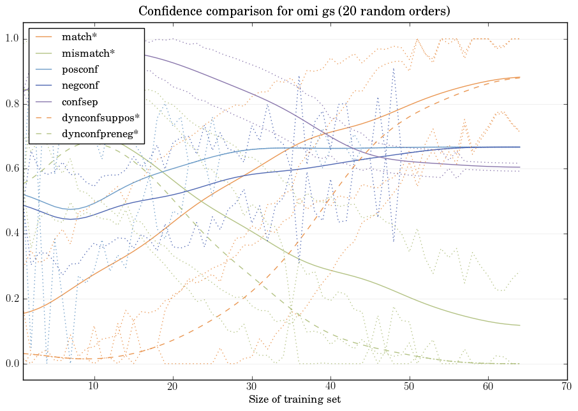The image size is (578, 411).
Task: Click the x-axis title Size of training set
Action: pyautogui.click(x=294, y=400)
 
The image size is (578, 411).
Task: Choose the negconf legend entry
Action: pyautogui.click(x=80, y=86)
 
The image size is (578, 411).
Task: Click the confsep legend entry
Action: pyautogui.click(x=79, y=101)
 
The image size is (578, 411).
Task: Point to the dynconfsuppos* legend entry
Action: pyautogui.click(x=100, y=118)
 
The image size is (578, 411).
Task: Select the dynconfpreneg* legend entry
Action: pyautogui.click(x=100, y=134)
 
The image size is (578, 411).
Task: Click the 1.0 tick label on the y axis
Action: pyautogui.click(x=13, y=39)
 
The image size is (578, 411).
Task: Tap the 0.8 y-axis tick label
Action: pyautogui.click(x=13, y=104)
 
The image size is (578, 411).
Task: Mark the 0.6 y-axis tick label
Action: pyautogui.click(x=13, y=169)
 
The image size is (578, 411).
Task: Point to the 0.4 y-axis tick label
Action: pyautogui.click(x=13, y=234)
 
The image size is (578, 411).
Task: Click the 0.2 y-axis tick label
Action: pyautogui.click(x=13, y=299)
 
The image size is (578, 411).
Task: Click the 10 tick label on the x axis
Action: pyautogui.click(x=94, y=386)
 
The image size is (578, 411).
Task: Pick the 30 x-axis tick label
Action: pyautogui.click(x=252, y=386)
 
